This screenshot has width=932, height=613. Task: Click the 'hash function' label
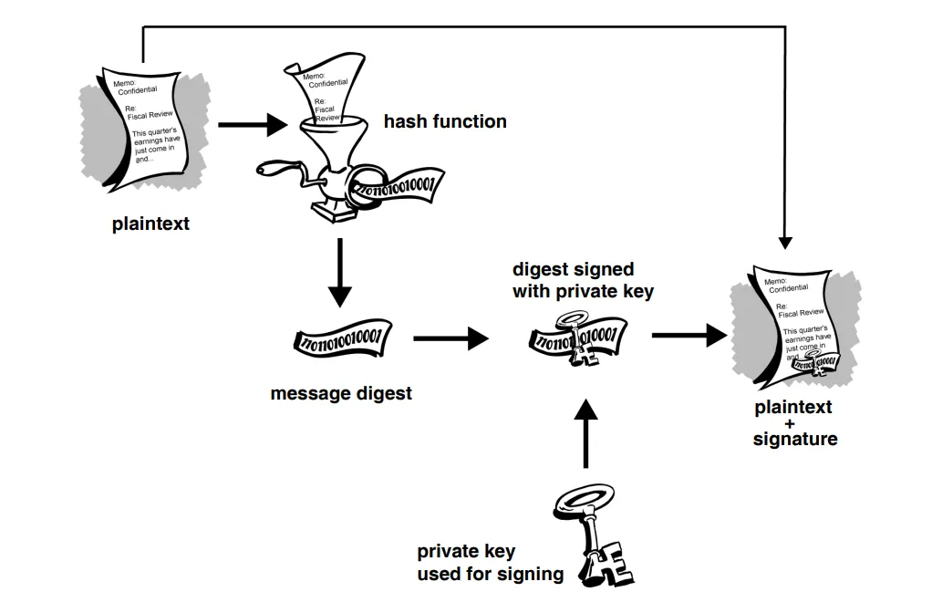click(x=444, y=121)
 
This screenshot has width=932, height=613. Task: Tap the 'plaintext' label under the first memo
click(x=150, y=223)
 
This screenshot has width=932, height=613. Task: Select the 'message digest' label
click(x=341, y=394)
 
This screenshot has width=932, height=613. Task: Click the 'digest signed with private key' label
click(x=583, y=281)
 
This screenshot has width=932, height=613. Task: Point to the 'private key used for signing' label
click(x=490, y=563)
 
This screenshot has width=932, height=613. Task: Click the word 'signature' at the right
click(x=794, y=439)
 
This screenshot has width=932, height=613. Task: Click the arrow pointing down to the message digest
click(x=339, y=274)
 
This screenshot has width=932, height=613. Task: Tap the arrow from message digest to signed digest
click(x=451, y=338)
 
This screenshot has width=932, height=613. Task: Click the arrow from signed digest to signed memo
click(x=689, y=335)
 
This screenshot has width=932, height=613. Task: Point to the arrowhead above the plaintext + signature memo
click(x=785, y=242)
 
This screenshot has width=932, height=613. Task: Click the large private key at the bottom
click(x=592, y=538)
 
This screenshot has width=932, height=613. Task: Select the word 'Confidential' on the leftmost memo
click(x=138, y=89)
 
